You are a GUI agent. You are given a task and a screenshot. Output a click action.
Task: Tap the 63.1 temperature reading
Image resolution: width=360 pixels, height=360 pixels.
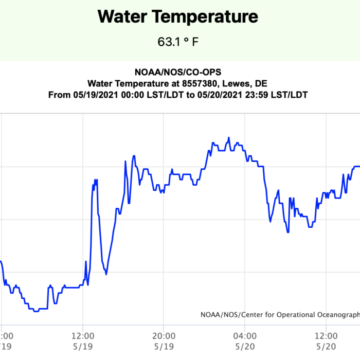169,42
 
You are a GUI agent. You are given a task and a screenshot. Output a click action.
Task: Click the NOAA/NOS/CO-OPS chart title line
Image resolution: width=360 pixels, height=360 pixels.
177,73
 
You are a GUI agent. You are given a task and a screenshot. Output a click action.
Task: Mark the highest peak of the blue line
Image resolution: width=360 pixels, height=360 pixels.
229,138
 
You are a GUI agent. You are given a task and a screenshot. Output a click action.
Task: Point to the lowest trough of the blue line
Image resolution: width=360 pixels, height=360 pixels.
36,311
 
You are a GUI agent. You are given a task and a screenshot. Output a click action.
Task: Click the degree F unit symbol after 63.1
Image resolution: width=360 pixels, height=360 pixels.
191,42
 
